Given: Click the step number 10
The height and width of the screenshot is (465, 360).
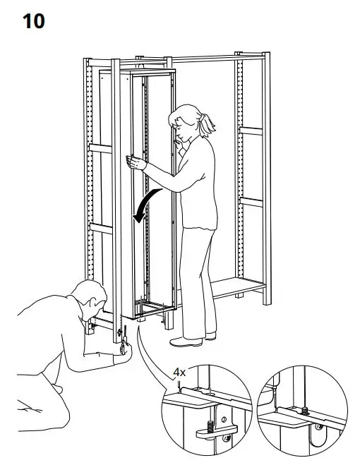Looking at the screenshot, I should pos(35,21).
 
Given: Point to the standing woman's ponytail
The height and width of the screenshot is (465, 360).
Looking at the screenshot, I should pos(206,125).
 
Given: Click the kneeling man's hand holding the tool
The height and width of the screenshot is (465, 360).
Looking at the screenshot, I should pos(124,348).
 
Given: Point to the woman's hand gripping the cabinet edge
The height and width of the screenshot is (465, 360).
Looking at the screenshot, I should pos(131,162).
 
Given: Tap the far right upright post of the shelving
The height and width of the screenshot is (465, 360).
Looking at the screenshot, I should pos(265,176).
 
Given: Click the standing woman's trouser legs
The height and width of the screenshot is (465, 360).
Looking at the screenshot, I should pos(198,282).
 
